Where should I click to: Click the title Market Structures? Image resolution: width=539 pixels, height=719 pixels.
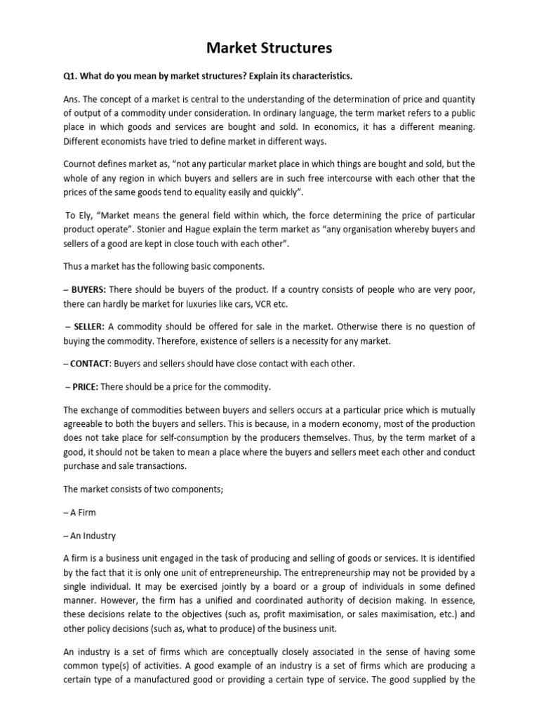[x=269, y=48]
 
